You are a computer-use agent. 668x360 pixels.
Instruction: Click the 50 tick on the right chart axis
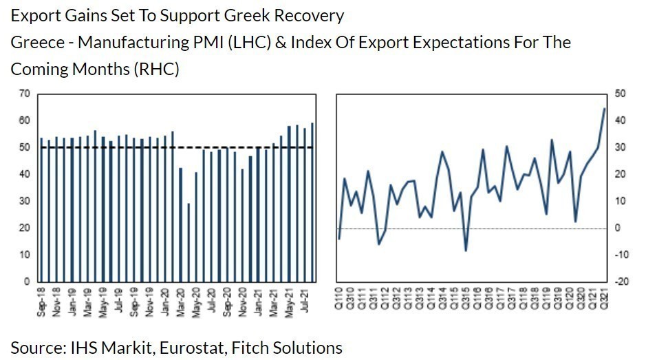(x=619, y=94)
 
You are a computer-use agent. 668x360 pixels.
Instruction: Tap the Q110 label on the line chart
(x=339, y=300)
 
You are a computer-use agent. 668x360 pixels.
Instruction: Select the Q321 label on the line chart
(x=604, y=300)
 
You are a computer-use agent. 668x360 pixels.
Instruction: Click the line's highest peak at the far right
(x=604, y=109)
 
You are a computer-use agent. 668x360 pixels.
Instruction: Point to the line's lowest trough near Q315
(x=466, y=251)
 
